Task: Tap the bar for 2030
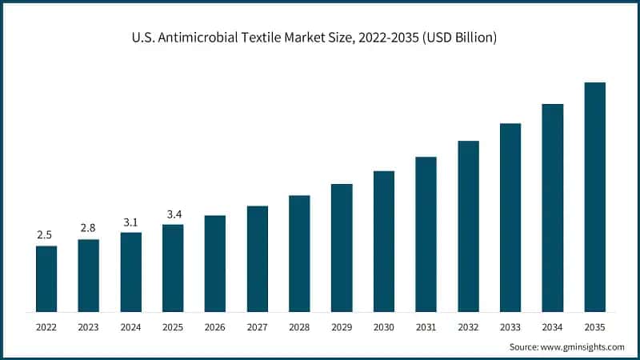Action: [x=384, y=241]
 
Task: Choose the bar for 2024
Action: [x=131, y=272]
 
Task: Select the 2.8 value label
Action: [x=89, y=229]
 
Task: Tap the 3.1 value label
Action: [x=131, y=222]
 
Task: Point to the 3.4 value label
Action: [x=173, y=214]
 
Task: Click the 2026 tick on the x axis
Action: [x=215, y=328]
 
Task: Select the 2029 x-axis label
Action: [x=342, y=328]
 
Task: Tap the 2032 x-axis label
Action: [x=468, y=328]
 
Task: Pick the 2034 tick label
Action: [x=553, y=328]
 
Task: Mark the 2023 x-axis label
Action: [x=89, y=328]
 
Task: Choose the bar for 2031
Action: [x=426, y=234]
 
